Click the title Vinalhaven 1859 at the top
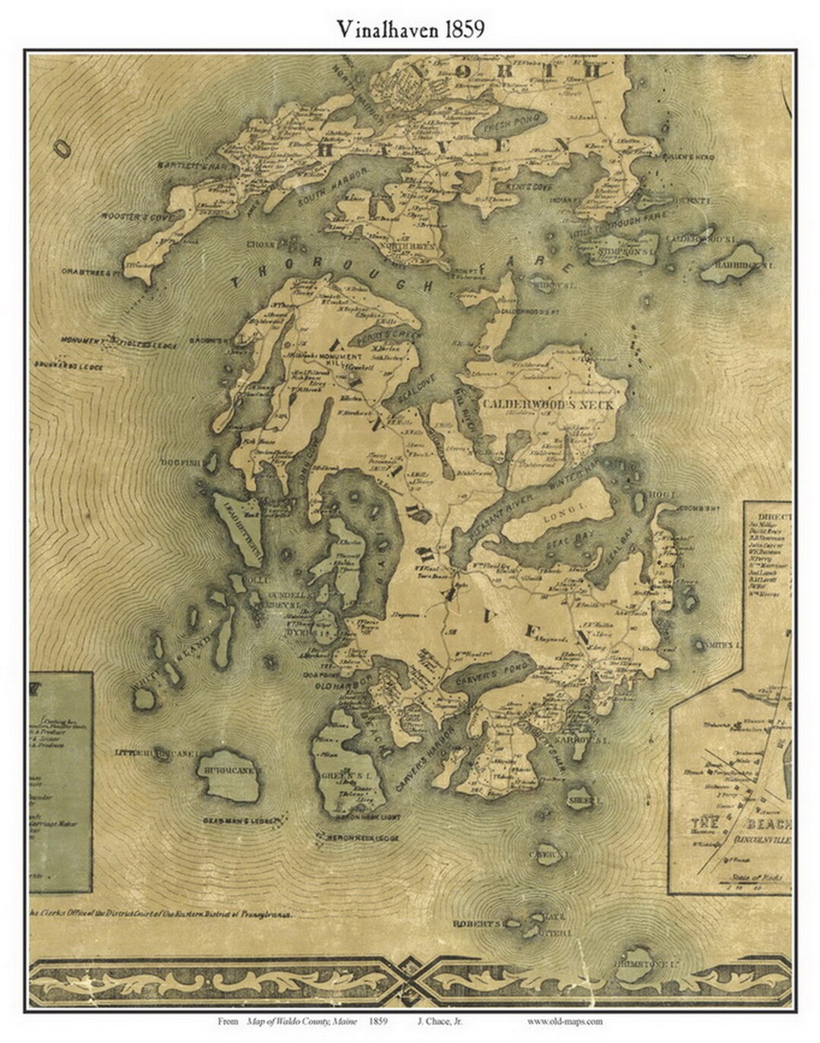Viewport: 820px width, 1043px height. click(411, 29)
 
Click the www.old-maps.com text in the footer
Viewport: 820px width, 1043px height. click(565, 1021)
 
